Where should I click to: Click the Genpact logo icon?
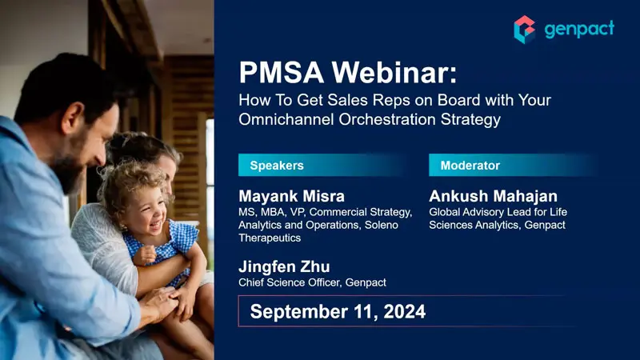525,29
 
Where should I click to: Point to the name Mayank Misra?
293,196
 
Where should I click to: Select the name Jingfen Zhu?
283,266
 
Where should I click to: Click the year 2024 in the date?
400,311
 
